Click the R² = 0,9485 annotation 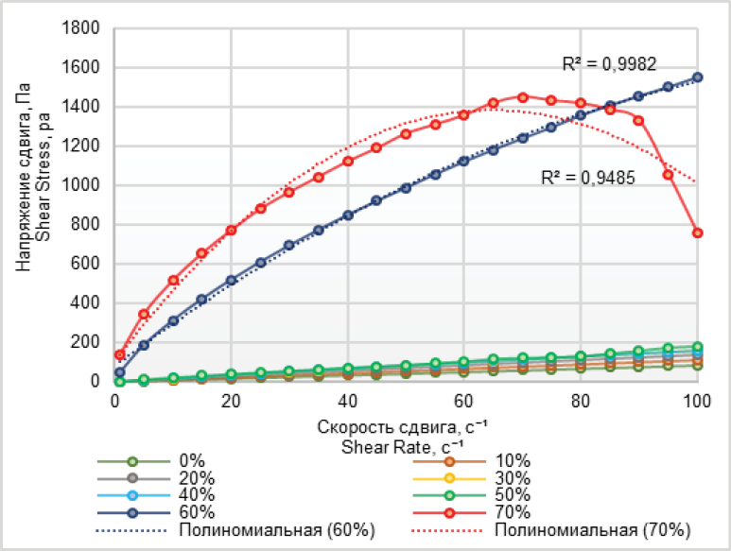pyautogui.click(x=587, y=176)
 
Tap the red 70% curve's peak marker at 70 pyautogui.click(x=522, y=96)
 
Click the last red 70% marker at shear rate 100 pyautogui.click(x=698, y=232)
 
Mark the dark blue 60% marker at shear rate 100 pyautogui.click(x=698, y=77)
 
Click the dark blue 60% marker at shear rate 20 pyautogui.click(x=231, y=281)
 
